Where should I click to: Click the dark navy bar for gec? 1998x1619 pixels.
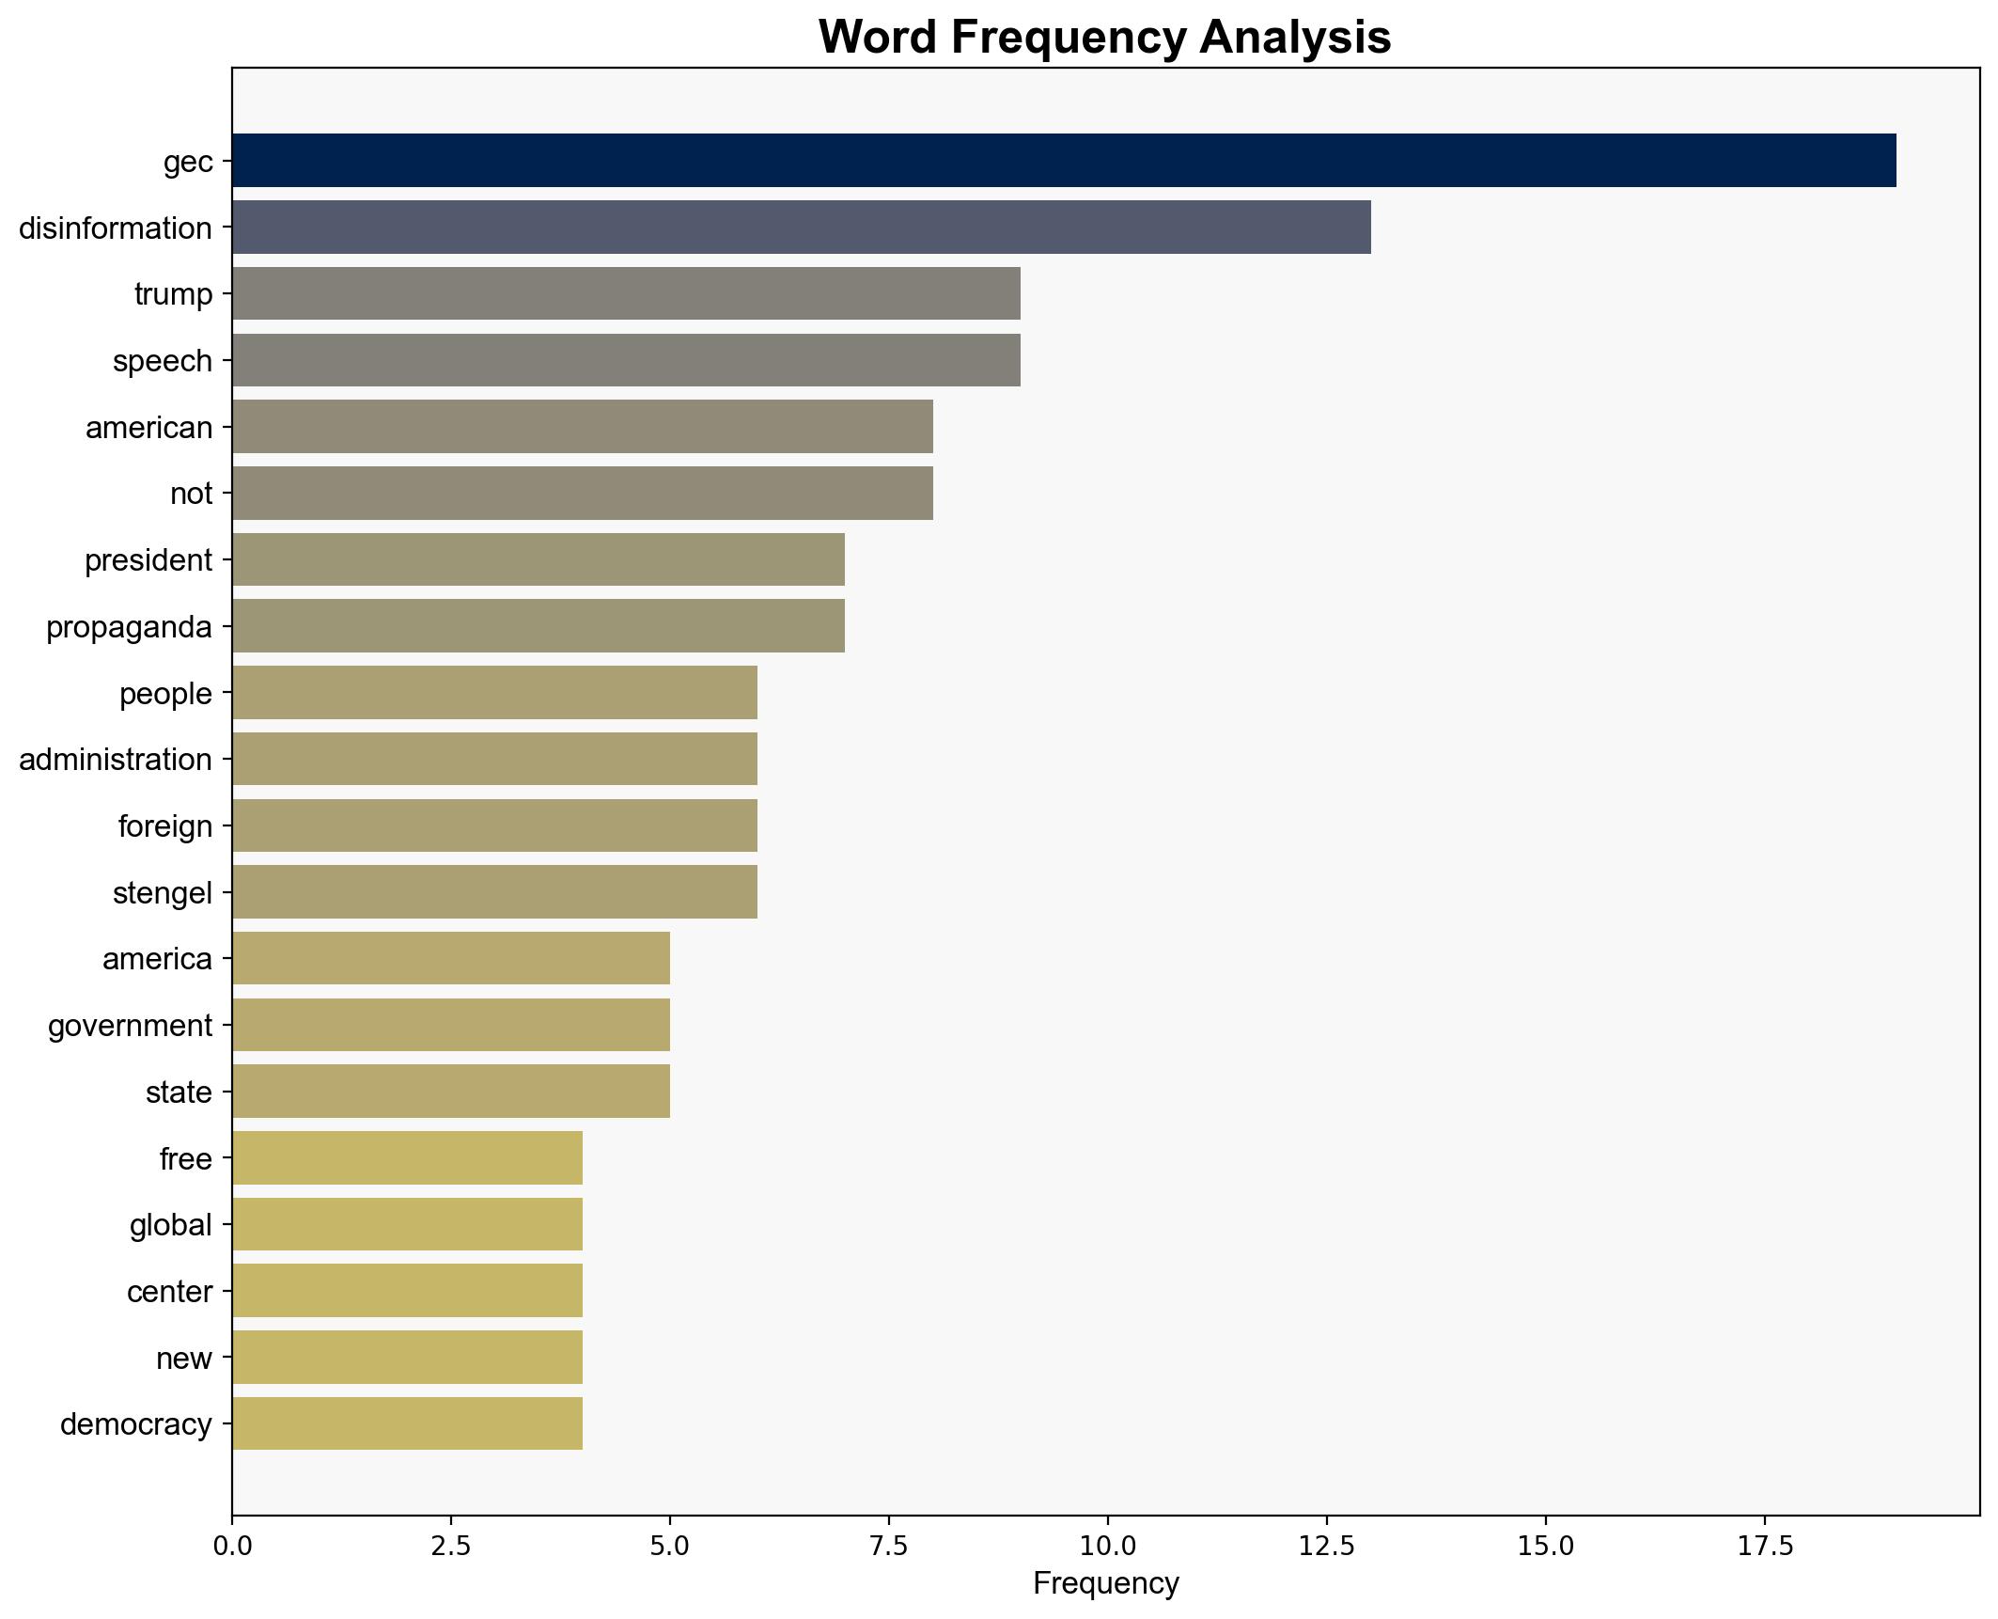[1063, 161]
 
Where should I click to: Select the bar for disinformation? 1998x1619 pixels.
[801, 228]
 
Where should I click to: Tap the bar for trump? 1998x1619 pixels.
[626, 294]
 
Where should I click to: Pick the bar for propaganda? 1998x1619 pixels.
[538, 626]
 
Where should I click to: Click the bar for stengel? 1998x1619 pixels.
[494, 892]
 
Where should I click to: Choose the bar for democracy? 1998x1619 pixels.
[407, 1423]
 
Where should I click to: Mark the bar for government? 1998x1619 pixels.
[450, 1025]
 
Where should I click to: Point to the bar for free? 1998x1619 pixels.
[407, 1158]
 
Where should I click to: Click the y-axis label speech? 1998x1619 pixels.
[163, 361]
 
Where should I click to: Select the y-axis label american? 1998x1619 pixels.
[148, 428]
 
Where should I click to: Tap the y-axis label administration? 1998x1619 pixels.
[116, 760]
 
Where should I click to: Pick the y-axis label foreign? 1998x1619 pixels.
[165, 826]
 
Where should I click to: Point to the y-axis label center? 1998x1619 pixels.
[169, 1292]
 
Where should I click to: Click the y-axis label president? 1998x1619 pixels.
[148, 560]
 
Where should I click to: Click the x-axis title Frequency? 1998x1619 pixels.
[1105, 1584]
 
